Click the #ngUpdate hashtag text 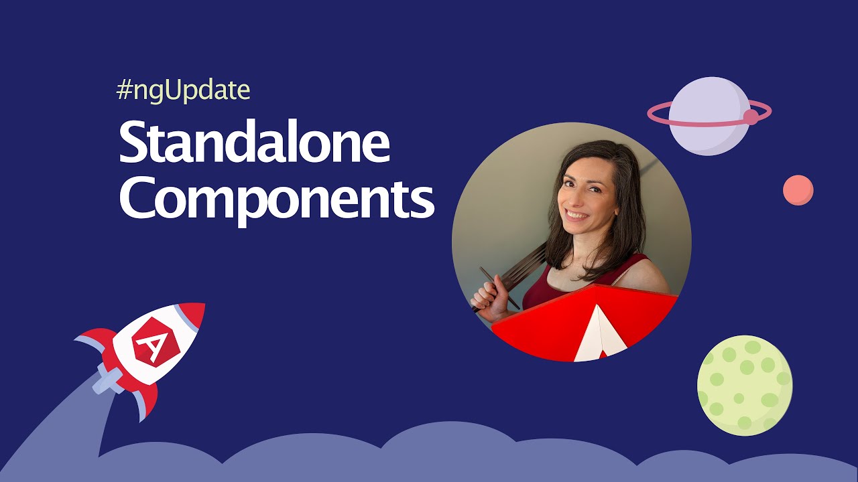click(183, 90)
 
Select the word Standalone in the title click(254, 144)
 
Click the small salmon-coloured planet click(798, 190)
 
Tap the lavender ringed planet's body click(709, 115)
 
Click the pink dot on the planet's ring click(751, 117)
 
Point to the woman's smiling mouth click(576, 216)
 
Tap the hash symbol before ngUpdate click(123, 90)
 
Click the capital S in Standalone click(133, 144)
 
